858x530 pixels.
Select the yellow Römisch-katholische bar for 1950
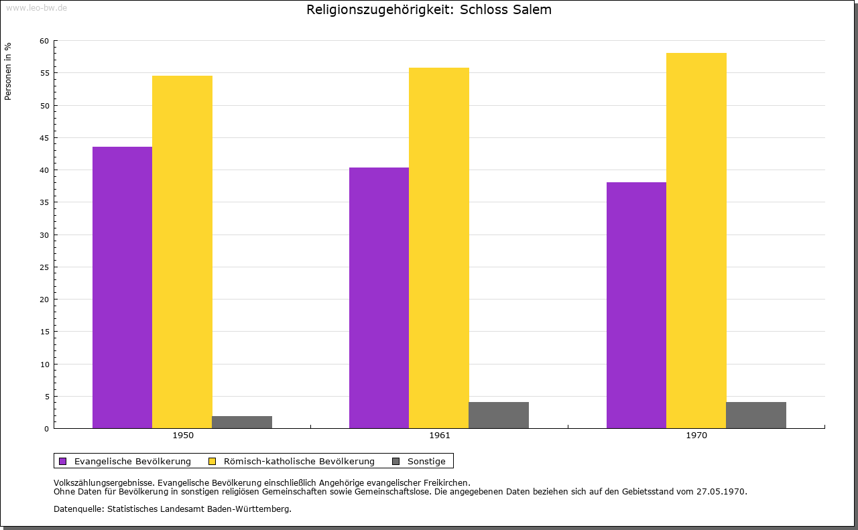coord(182,251)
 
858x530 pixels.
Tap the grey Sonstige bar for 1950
coord(242,422)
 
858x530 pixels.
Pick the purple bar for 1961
coord(379,297)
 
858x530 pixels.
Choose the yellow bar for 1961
coord(439,247)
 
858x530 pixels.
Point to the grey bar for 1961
coord(499,415)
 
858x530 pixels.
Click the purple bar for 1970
coord(636,305)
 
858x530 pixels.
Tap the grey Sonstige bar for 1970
coord(756,415)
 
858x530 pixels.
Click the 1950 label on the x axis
coord(183,436)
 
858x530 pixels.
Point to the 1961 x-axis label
coord(440,436)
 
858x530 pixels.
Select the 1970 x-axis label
coord(696,436)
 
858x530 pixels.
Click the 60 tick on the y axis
coord(44,41)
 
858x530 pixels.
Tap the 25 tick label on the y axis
coord(44,267)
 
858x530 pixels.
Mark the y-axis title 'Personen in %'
coord(8,71)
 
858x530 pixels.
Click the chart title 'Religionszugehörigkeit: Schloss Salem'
coord(429,10)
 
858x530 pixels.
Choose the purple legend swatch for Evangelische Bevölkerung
coord(63,461)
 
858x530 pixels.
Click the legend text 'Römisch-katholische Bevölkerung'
coord(299,461)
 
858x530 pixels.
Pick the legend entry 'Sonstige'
coord(426,461)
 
